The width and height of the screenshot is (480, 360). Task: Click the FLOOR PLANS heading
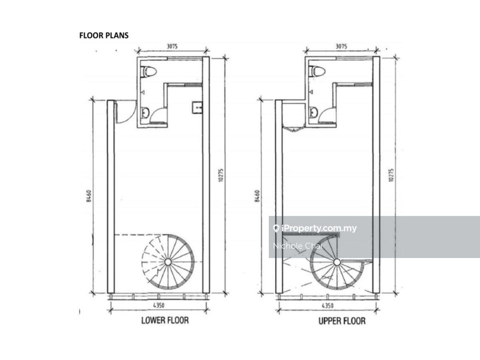click(104, 36)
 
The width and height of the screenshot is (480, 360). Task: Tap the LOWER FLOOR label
click(165, 320)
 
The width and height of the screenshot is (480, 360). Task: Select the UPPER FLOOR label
click(342, 321)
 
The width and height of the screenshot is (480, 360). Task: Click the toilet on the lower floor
click(149, 71)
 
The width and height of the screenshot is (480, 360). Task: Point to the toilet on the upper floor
click(317, 71)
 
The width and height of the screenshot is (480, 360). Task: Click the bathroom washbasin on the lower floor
click(145, 112)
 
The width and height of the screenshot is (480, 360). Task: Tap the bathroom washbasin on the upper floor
click(314, 112)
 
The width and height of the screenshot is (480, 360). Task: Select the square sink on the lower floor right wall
click(197, 107)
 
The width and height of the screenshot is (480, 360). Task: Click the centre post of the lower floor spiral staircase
click(168, 262)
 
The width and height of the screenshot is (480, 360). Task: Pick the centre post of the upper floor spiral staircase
click(337, 262)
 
